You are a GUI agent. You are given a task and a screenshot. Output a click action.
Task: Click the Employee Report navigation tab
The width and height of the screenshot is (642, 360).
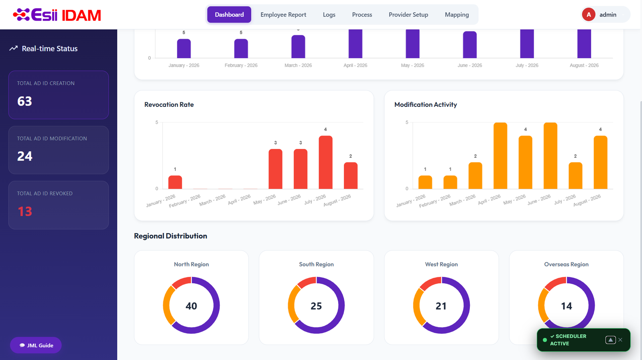pos(283,14)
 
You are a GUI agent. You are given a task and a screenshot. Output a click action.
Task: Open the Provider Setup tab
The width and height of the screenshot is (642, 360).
pos(408,14)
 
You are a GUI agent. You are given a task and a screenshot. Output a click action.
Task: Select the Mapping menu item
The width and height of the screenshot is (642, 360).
pos(457,14)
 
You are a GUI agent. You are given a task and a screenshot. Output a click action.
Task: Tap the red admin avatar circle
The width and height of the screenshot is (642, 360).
pos(588,14)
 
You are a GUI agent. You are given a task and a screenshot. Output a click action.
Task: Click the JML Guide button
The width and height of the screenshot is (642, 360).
pos(36,345)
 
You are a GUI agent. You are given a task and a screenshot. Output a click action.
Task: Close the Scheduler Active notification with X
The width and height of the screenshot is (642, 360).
pos(620,340)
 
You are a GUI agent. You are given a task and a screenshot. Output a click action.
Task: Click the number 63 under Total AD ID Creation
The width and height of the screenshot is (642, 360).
pos(24,101)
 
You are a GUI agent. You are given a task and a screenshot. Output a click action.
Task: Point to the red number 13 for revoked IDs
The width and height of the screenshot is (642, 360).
pos(25,212)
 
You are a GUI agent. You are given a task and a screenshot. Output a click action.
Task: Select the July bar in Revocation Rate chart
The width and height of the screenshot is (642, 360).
pos(325,162)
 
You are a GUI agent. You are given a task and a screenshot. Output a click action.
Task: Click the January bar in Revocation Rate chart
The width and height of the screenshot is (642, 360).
pos(175,182)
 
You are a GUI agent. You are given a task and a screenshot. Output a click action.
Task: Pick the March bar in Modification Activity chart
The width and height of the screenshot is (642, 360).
pos(475,175)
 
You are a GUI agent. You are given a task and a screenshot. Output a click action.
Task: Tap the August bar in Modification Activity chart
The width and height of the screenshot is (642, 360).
pos(600,162)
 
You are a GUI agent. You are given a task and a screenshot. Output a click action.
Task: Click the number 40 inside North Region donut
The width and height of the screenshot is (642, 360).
pos(191,306)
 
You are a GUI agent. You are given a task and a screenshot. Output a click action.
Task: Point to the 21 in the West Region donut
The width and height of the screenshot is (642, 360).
pos(441,306)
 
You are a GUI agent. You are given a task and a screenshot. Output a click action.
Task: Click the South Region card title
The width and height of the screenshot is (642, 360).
pos(317,264)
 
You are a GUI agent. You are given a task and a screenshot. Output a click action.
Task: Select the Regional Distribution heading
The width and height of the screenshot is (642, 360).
pos(171,236)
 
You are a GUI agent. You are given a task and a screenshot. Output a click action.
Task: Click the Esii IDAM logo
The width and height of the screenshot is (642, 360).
pos(57,14)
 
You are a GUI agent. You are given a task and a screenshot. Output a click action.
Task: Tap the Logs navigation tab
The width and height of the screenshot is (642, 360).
pos(329,14)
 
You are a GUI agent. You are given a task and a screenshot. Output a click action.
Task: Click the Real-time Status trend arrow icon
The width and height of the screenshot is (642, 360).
pos(14,49)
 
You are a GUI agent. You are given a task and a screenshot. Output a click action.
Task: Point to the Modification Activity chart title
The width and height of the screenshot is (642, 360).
pos(426,105)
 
